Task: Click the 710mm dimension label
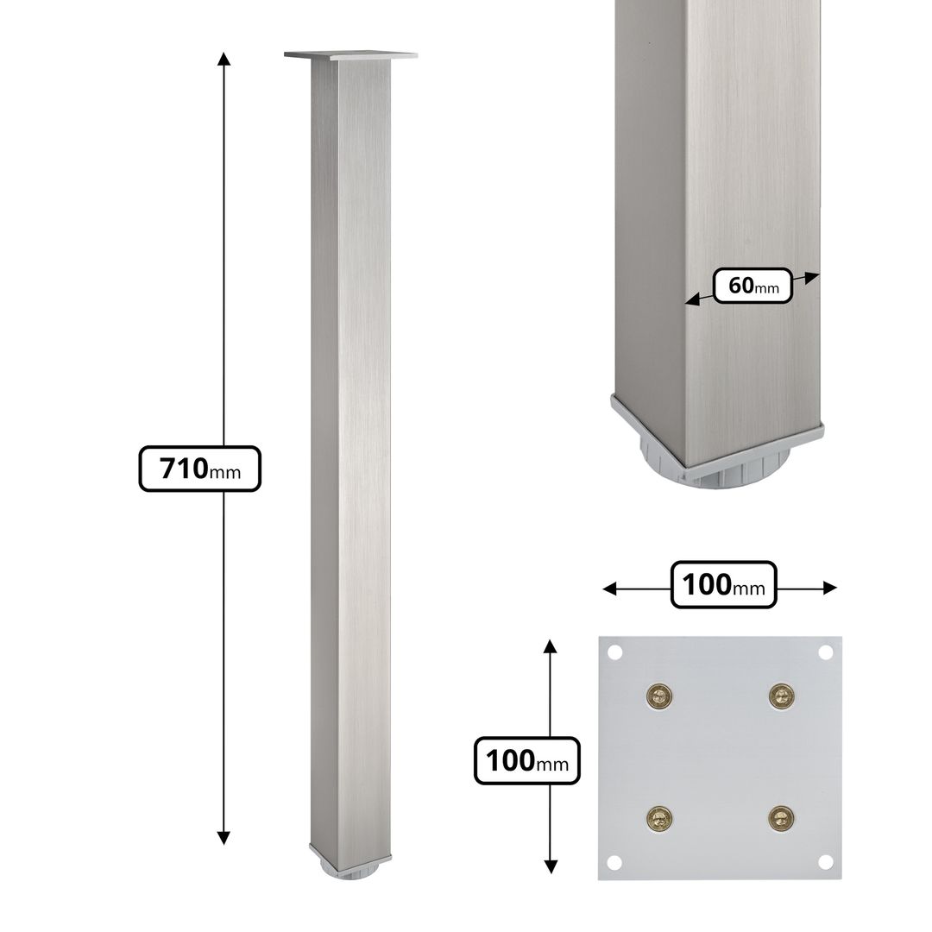coord(199,469)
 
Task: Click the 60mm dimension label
coord(753,286)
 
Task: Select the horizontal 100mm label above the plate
coord(723,585)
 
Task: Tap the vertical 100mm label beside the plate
coord(526,761)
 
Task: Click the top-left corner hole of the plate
coord(614,652)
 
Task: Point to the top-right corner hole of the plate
coord(825,652)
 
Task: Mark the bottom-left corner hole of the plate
coord(614,861)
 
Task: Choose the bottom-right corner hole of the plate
coord(825,861)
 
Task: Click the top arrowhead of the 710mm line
coord(224,59)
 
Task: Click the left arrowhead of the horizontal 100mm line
coord(609,589)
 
